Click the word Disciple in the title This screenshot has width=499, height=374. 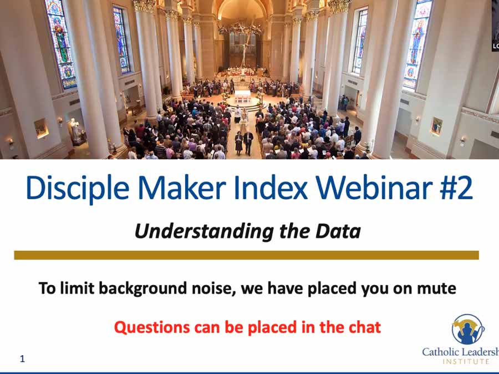[x=78, y=188]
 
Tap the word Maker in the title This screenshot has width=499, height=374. [x=182, y=188]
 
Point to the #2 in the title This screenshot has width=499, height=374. [x=456, y=188]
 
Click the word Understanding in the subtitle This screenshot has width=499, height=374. [x=203, y=231]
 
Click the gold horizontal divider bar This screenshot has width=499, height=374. [x=246, y=255]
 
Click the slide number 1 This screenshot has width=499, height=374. [x=22, y=358]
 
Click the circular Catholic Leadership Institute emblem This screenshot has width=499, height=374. [x=468, y=329]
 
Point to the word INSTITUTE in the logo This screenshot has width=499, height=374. [x=466, y=362]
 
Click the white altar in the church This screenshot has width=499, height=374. [x=242, y=96]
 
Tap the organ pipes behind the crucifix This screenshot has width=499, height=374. [x=242, y=43]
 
